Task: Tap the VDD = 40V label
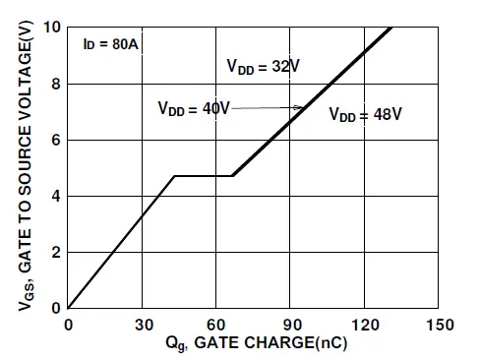[193, 108]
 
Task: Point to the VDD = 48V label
[365, 114]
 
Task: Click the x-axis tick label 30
[143, 325]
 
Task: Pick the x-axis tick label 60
[217, 325]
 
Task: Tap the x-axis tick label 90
[292, 325]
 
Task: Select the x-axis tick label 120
[366, 325]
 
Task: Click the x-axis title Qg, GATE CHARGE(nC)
[255, 344]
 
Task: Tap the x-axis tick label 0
[68, 325]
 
